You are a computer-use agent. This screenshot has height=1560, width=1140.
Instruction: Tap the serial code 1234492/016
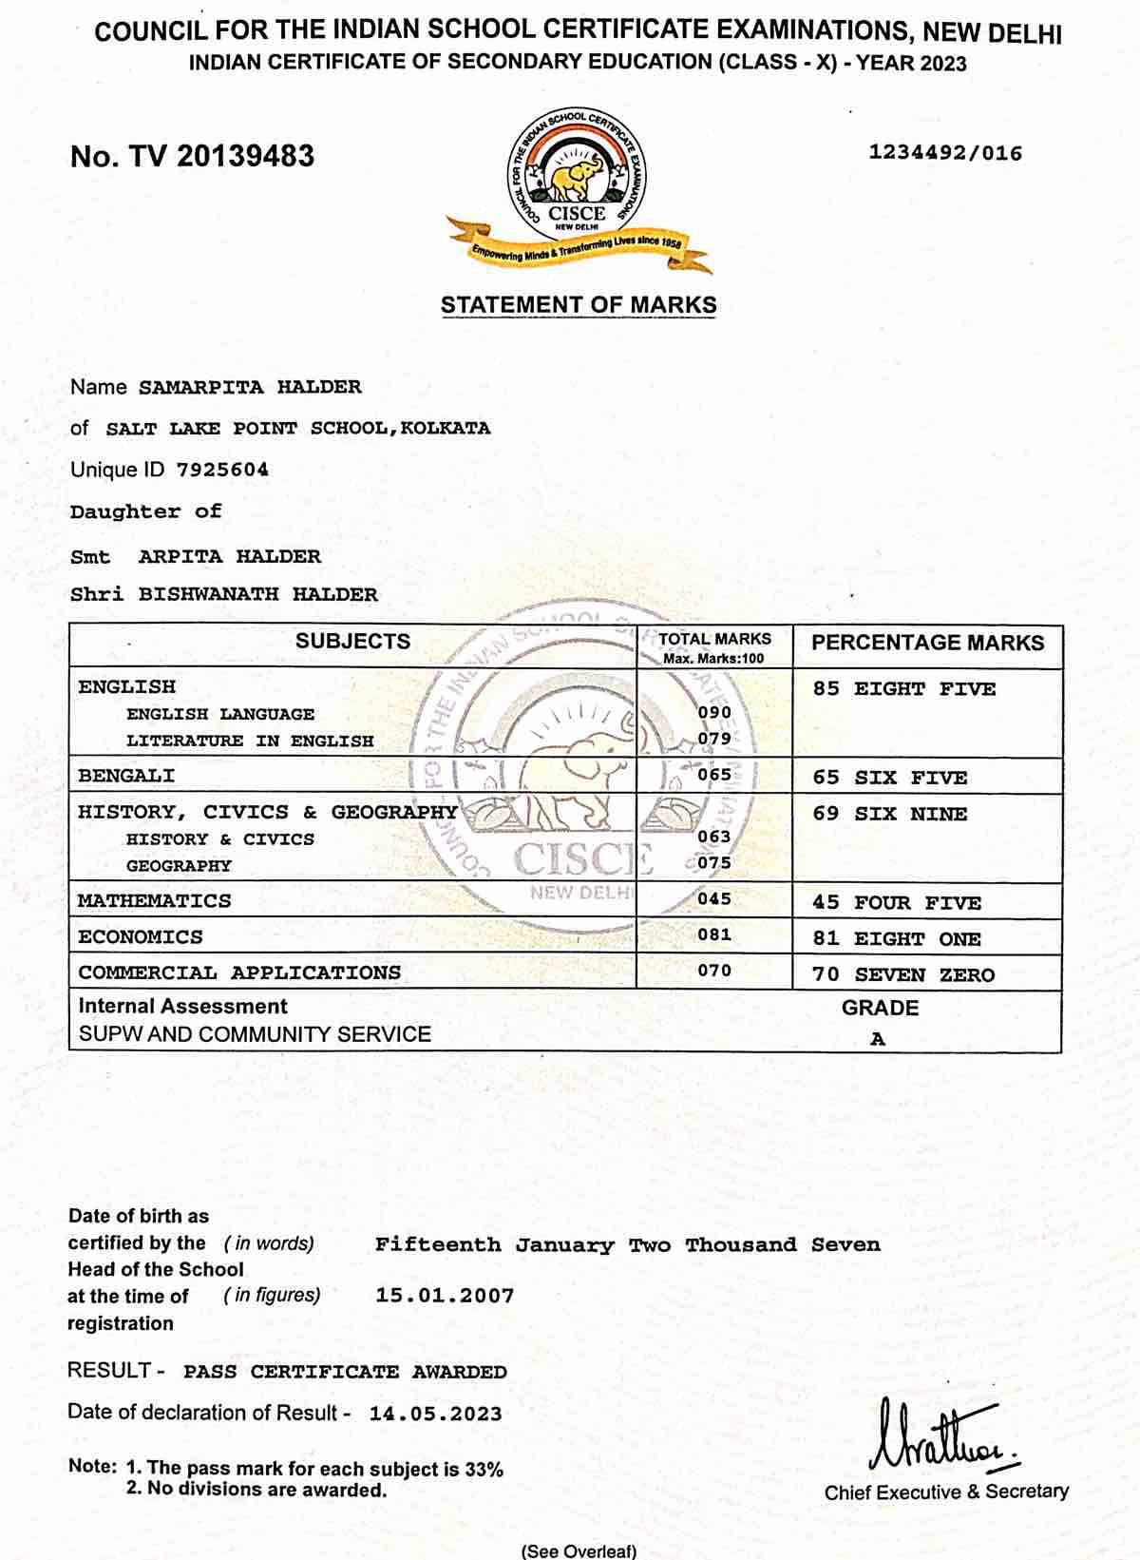point(945,153)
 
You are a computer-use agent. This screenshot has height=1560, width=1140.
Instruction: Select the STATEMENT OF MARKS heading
point(579,305)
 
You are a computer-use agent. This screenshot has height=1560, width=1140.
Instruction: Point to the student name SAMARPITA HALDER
point(250,387)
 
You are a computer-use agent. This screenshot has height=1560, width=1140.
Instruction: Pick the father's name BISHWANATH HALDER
point(258,594)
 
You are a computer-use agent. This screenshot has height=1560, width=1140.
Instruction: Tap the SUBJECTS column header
point(352,642)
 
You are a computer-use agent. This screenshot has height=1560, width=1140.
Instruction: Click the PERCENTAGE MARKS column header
point(927,643)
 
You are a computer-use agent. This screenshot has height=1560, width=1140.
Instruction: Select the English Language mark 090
point(714,712)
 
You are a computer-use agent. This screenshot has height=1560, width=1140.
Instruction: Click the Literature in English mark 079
point(714,739)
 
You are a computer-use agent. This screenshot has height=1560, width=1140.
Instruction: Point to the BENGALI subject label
point(126,776)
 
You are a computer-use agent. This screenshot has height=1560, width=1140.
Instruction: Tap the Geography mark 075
point(714,863)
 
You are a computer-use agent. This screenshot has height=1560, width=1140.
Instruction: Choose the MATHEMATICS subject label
point(154,900)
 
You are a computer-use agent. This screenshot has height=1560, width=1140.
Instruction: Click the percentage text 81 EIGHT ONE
point(896,939)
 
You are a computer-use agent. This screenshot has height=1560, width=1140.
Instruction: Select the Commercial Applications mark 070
point(714,971)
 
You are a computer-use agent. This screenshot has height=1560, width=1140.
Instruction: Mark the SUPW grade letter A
point(878,1039)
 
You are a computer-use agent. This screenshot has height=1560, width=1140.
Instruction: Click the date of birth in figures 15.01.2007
point(445,1296)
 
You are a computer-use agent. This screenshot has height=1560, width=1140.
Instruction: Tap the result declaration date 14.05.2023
point(435,1414)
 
